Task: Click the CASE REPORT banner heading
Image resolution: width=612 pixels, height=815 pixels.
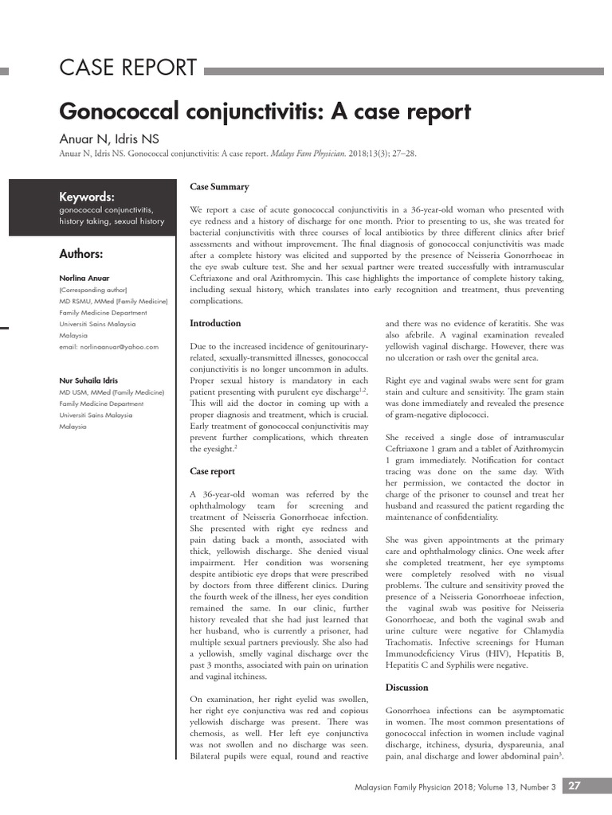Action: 127,68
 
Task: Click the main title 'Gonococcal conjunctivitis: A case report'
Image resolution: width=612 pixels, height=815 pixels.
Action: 265,111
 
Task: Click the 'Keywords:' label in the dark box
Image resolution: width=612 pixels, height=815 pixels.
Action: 87,197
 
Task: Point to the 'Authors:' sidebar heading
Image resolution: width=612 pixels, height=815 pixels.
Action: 81,254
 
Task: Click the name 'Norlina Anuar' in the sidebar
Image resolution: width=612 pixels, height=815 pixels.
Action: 84,278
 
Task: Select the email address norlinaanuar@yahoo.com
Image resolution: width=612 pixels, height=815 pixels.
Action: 108,347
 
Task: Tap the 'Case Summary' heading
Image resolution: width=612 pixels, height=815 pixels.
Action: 219,187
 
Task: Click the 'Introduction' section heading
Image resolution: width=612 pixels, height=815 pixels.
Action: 215,323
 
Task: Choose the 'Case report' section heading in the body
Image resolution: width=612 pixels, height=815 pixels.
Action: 212,472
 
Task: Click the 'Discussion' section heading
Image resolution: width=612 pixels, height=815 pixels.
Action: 406,687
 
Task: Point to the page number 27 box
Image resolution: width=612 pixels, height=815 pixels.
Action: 575,786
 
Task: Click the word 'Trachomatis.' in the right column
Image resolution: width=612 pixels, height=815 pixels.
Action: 410,641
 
